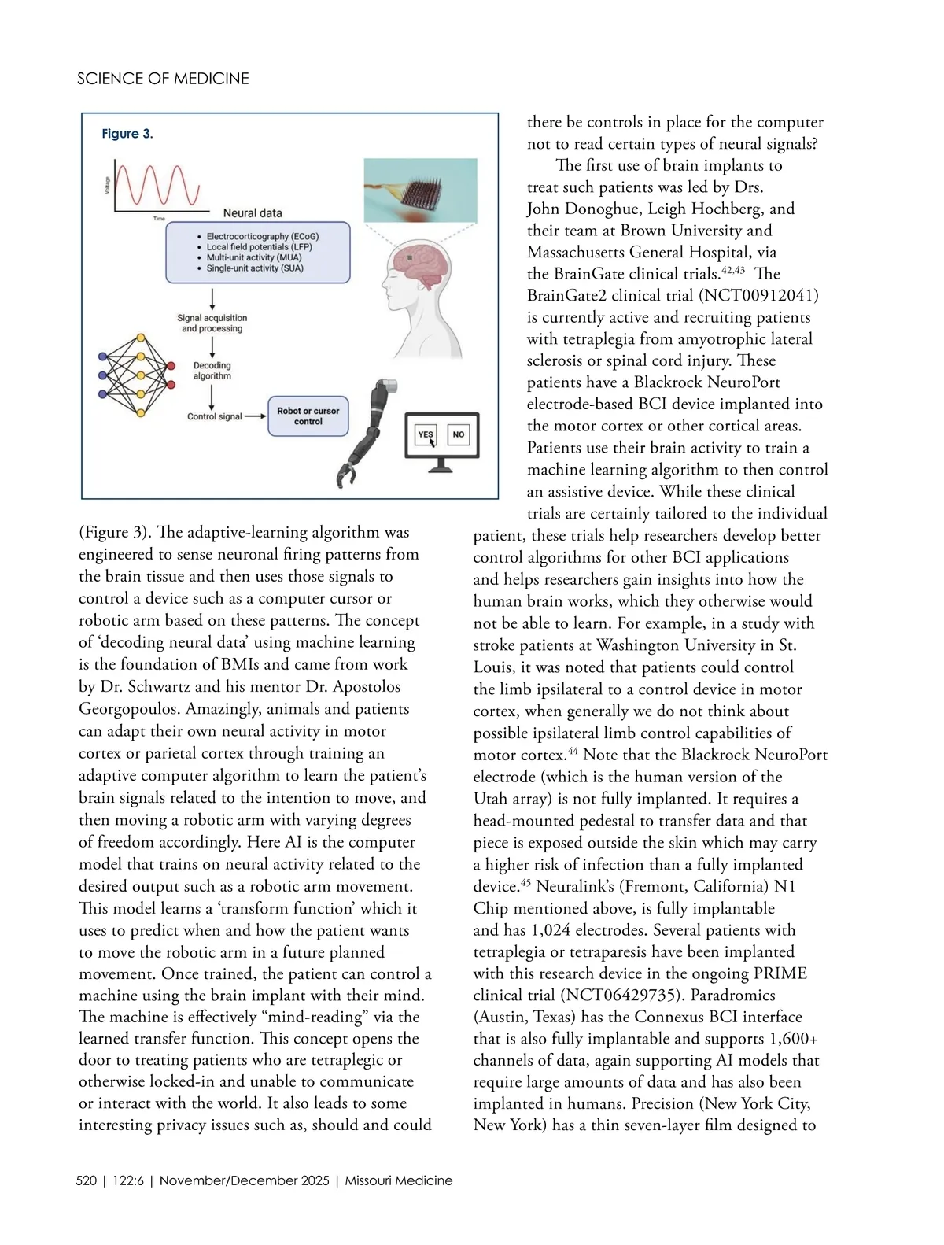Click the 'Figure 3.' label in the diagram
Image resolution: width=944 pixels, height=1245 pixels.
point(127,134)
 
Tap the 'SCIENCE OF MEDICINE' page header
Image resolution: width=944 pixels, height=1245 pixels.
point(163,79)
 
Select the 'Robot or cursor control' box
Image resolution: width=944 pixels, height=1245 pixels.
point(308,416)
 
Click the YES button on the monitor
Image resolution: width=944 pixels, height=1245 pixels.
point(426,434)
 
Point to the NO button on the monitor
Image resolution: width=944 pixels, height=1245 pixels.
point(459,434)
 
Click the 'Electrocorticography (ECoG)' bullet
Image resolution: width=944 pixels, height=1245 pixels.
point(262,236)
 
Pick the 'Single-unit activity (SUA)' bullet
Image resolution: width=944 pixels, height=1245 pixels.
point(254,268)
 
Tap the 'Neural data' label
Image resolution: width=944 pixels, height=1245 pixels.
point(253,213)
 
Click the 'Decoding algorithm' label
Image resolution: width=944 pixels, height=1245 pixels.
point(212,371)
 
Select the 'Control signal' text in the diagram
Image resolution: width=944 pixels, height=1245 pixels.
point(214,416)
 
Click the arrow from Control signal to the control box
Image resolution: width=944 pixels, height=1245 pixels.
point(256,416)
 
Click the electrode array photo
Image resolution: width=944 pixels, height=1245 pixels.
point(420,190)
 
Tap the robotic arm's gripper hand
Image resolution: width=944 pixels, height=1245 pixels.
point(347,476)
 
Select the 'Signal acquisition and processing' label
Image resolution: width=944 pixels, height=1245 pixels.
point(212,323)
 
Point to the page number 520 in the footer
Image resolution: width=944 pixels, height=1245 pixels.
point(87,1180)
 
